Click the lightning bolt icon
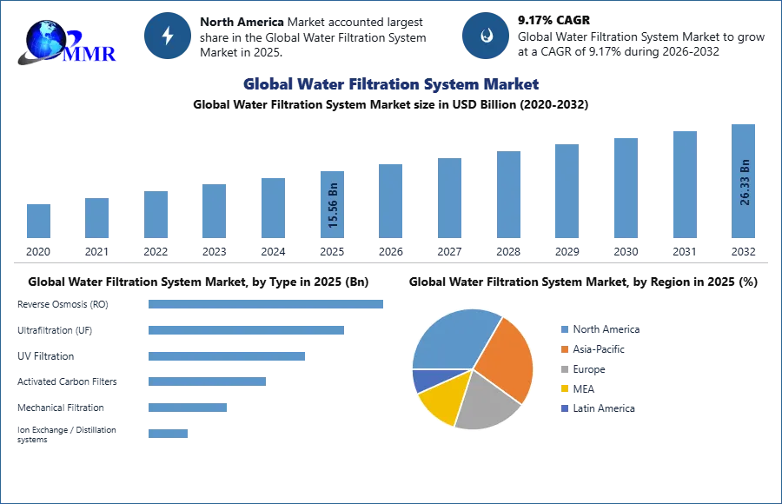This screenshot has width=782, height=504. pos(168,36)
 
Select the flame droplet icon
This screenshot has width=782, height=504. pos(486,36)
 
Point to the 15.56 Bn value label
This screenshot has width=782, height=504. pos(334,205)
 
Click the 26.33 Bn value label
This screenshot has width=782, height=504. pos(745,182)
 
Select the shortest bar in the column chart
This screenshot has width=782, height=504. pos(38,222)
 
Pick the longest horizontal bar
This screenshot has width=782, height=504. pos(267,305)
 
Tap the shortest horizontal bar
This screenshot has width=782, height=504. pos(166,430)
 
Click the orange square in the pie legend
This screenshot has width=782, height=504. pos(564,348)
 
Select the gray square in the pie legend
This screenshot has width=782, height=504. pos(564,368)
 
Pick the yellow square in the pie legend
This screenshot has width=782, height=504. pos(564,388)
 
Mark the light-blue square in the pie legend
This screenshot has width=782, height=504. pos(564,328)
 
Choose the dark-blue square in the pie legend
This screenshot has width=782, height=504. pos(564,409)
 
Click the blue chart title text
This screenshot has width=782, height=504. pos(393,84)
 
